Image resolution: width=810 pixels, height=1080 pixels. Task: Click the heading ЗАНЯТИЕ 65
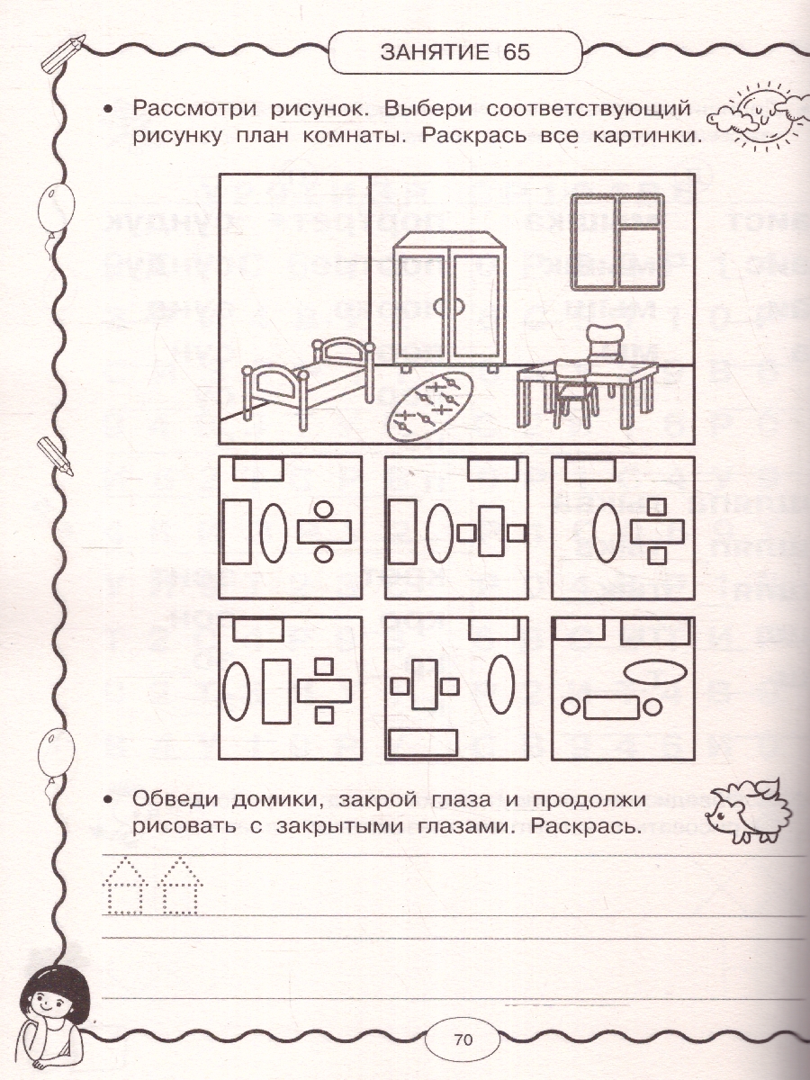[x=454, y=51]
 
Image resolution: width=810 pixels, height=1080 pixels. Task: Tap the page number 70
[x=463, y=1039]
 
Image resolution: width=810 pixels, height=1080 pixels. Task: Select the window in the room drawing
[x=616, y=241]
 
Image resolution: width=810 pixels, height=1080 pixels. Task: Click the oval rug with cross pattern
[x=431, y=404]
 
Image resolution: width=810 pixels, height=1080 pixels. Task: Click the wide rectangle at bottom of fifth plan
[x=422, y=742]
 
